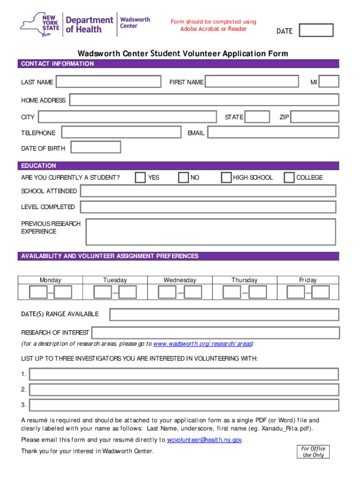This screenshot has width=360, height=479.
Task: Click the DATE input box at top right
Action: [x=316, y=30]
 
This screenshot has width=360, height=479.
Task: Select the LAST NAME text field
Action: [x=108, y=82]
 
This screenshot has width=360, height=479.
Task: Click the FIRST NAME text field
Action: [x=252, y=82]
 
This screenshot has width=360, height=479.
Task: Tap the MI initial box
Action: [x=329, y=82]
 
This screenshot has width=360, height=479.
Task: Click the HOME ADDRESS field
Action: [x=204, y=100]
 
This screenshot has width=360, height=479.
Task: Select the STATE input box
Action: [x=258, y=117]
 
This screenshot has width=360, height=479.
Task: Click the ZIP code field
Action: [x=314, y=117]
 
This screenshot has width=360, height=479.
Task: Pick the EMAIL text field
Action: [x=273, y=133]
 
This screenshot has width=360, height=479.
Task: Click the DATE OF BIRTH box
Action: [x=95, y=147]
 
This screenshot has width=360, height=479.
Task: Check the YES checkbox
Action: [x=140, y=177]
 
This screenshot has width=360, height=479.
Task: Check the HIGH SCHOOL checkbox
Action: [x=226, y=177]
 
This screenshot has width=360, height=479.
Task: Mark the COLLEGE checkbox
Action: [x=289, y=177]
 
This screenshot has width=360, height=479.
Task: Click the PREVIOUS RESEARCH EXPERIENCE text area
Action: [x=210, y=232]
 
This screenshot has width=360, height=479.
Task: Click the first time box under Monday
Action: [x=38, y=292]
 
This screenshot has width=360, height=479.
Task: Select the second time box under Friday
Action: [x=321, y=292]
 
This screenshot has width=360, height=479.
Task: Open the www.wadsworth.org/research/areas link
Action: [x=202, y=344]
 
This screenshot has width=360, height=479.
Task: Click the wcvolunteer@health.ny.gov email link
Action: [x=205, y=440]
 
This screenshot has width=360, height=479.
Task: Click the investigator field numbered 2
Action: [x=184, y=390]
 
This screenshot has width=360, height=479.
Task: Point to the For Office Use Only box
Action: [x=313, y=452]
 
